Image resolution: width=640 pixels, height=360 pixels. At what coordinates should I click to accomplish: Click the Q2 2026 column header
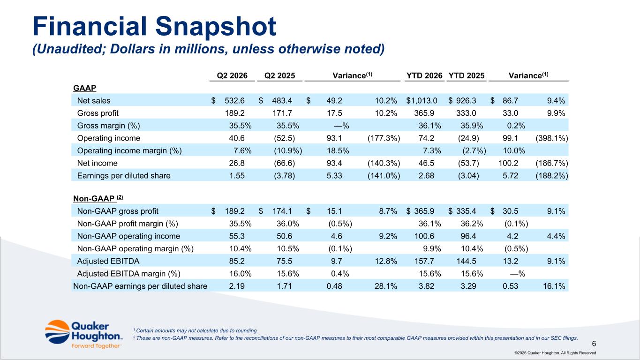coord(232,76)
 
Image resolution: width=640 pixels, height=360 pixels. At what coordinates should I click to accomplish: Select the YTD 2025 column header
coord(467,76)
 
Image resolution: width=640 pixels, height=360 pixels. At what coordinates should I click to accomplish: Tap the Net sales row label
coord(94,101)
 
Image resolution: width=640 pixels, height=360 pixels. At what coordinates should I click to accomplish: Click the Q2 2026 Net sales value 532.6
coord(234,101)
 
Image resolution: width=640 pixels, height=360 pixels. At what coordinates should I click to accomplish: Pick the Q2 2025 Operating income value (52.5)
coord(284,138)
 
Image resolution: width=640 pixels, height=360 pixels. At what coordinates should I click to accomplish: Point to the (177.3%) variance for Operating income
coord(384,138)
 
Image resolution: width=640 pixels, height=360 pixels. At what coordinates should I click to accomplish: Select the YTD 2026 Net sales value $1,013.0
coord(422,101)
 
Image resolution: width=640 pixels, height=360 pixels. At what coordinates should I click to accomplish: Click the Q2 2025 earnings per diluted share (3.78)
coord(284,176)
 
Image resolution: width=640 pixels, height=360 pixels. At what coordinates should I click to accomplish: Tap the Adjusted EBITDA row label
coord(108,261)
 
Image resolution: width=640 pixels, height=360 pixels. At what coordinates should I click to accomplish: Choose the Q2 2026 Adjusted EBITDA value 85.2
coord(237,261)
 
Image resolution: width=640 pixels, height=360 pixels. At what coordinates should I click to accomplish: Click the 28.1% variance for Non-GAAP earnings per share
coord(386,286)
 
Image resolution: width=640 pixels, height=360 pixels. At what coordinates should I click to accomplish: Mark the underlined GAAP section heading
coord(84,88)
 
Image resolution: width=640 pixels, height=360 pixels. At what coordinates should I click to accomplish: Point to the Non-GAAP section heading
coord(98,198)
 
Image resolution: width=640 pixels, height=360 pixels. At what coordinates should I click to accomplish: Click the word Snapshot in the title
coord(216,27)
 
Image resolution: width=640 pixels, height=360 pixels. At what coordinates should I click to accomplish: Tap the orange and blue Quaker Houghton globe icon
coord(57,332)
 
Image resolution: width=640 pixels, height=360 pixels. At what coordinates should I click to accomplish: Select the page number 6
coord(594,344)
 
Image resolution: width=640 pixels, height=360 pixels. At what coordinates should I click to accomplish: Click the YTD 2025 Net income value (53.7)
coord(468,163)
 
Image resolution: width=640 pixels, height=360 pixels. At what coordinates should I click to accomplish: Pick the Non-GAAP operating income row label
coord(128,236)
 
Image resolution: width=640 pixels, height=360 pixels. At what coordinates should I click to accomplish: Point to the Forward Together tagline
coord(96,346)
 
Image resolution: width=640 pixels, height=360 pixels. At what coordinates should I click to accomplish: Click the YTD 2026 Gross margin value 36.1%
coord(429,126)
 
